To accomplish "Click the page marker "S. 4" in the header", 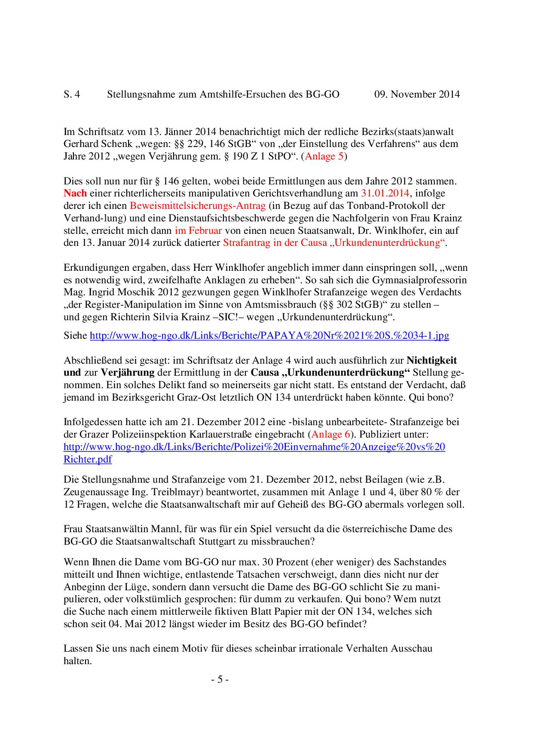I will coord(72,94).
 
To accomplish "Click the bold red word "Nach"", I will coord(75,193).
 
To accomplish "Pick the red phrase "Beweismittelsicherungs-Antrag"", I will coord(197,205).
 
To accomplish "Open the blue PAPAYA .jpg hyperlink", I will coord(269,335).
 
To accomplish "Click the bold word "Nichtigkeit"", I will coord(438,360).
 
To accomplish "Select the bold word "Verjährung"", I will coord(128,372).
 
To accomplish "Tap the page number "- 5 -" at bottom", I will coord(220,680).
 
